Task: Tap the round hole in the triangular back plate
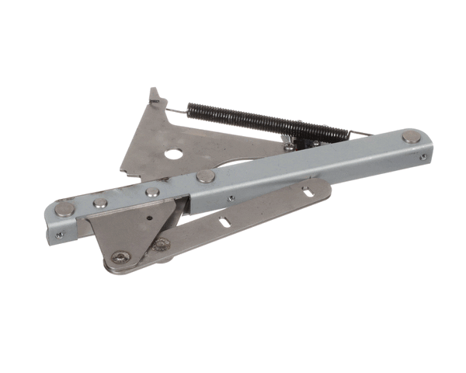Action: pyautogui.click(x=171, y=153)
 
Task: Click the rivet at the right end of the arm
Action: pyautogui.click(x=410, y=138)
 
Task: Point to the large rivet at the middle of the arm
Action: pyautogui.click(x=206, y=176)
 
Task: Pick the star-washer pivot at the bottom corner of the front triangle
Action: pyautogui.click(x=120, y=256)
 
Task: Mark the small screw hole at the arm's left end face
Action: pyautogui.click(x=59, y=232)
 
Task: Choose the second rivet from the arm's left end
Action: pyautogui.click(x=100, y=203)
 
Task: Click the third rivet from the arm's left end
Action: pyautogui.click(x=153, y=190)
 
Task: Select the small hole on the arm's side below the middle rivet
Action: pyautogui.click(x=231, y=199)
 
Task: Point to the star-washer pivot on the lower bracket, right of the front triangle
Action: pyautogui.click(x=162, y=245)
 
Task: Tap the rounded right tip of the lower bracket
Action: pyautogui.click(x=325, y=186)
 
